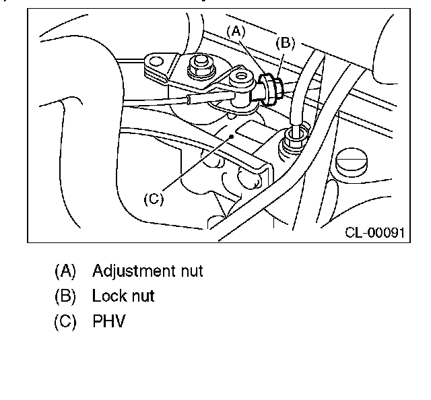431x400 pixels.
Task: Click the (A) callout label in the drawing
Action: tap(236, 30)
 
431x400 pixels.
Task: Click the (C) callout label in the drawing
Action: tap(154, 199)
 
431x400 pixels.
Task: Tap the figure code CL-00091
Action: tap(374, 232)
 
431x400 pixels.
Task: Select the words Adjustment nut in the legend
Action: tap(147, 271)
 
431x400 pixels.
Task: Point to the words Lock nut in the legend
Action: tap(123, 296)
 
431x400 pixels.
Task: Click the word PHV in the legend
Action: tap(108, 321)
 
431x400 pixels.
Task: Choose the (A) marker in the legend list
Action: tap(65, 271)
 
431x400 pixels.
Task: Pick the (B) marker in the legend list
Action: tap(65, 296)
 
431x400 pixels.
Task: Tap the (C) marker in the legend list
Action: tap(65, 321)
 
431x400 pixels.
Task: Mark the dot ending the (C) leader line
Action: tap(232, 135)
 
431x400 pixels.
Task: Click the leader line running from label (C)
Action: tap(195, 165)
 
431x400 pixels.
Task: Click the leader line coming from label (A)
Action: tap(248, 57)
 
